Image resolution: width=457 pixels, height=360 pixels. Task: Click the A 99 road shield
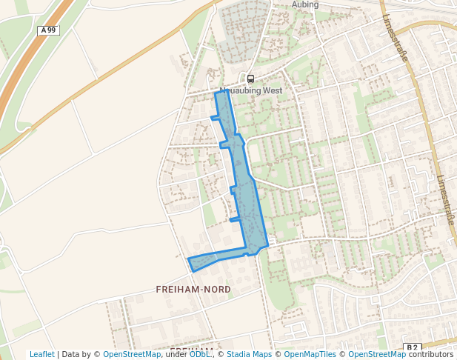point(48,30)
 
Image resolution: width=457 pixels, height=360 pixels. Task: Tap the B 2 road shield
point(413,347)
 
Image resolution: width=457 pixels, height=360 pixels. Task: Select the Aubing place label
point(305,4)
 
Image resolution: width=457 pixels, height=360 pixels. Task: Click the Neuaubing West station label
point(251,90)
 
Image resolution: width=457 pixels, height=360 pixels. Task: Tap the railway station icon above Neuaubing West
point(250,79)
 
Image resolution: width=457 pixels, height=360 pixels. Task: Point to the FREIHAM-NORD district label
point(193,289)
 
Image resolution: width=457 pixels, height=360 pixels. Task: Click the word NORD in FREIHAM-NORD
point(216,289)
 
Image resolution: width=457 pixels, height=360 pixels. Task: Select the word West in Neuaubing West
point(273,90)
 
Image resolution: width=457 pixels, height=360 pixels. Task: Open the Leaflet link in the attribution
point(42,354)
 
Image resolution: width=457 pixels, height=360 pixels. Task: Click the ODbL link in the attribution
point(199,354)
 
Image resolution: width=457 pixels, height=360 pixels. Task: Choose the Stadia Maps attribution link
point(249,354)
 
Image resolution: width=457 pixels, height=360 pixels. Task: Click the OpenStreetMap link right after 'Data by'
point(132,354)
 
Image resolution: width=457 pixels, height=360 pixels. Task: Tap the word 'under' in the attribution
point(176,354)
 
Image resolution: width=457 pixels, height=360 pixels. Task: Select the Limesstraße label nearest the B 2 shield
point(445,200)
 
